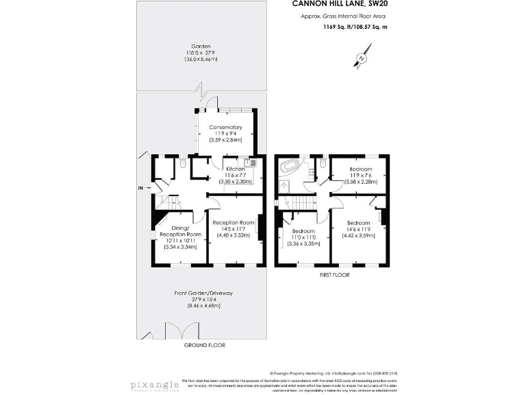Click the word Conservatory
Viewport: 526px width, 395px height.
225,127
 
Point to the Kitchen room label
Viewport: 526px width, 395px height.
236,169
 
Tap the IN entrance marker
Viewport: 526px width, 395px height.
140,188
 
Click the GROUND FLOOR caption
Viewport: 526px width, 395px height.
204,345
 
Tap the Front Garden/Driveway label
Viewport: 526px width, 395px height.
203,293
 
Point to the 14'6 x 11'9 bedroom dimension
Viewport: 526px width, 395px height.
360,230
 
